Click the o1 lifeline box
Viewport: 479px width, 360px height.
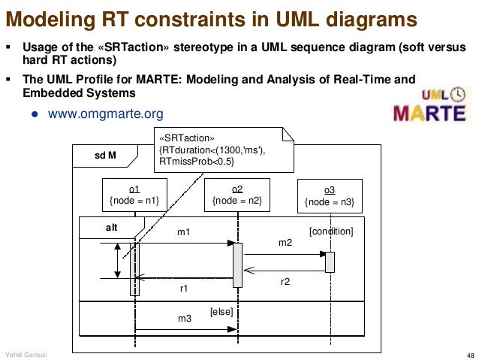click(x=135, y=194)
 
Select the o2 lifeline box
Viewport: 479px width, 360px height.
click(x=236, y=194)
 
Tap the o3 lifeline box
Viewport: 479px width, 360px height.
click(x=330, y=195)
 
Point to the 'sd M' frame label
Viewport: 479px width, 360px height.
click(x=104, y=156)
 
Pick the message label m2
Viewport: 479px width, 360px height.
click(x=285, y=244)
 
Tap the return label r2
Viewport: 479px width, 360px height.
click(x=285, y=281)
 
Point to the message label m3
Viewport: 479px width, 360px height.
click(x=185, y=319)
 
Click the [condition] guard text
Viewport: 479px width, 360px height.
click(x=331, y=231)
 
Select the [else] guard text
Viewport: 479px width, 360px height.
click(x=221, y=310)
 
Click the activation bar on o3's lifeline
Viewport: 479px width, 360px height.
click(x=330, y=262)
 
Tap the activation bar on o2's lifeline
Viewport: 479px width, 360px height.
click(x=237, y=265)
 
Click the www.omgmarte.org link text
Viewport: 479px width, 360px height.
click(x=106, y=114)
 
